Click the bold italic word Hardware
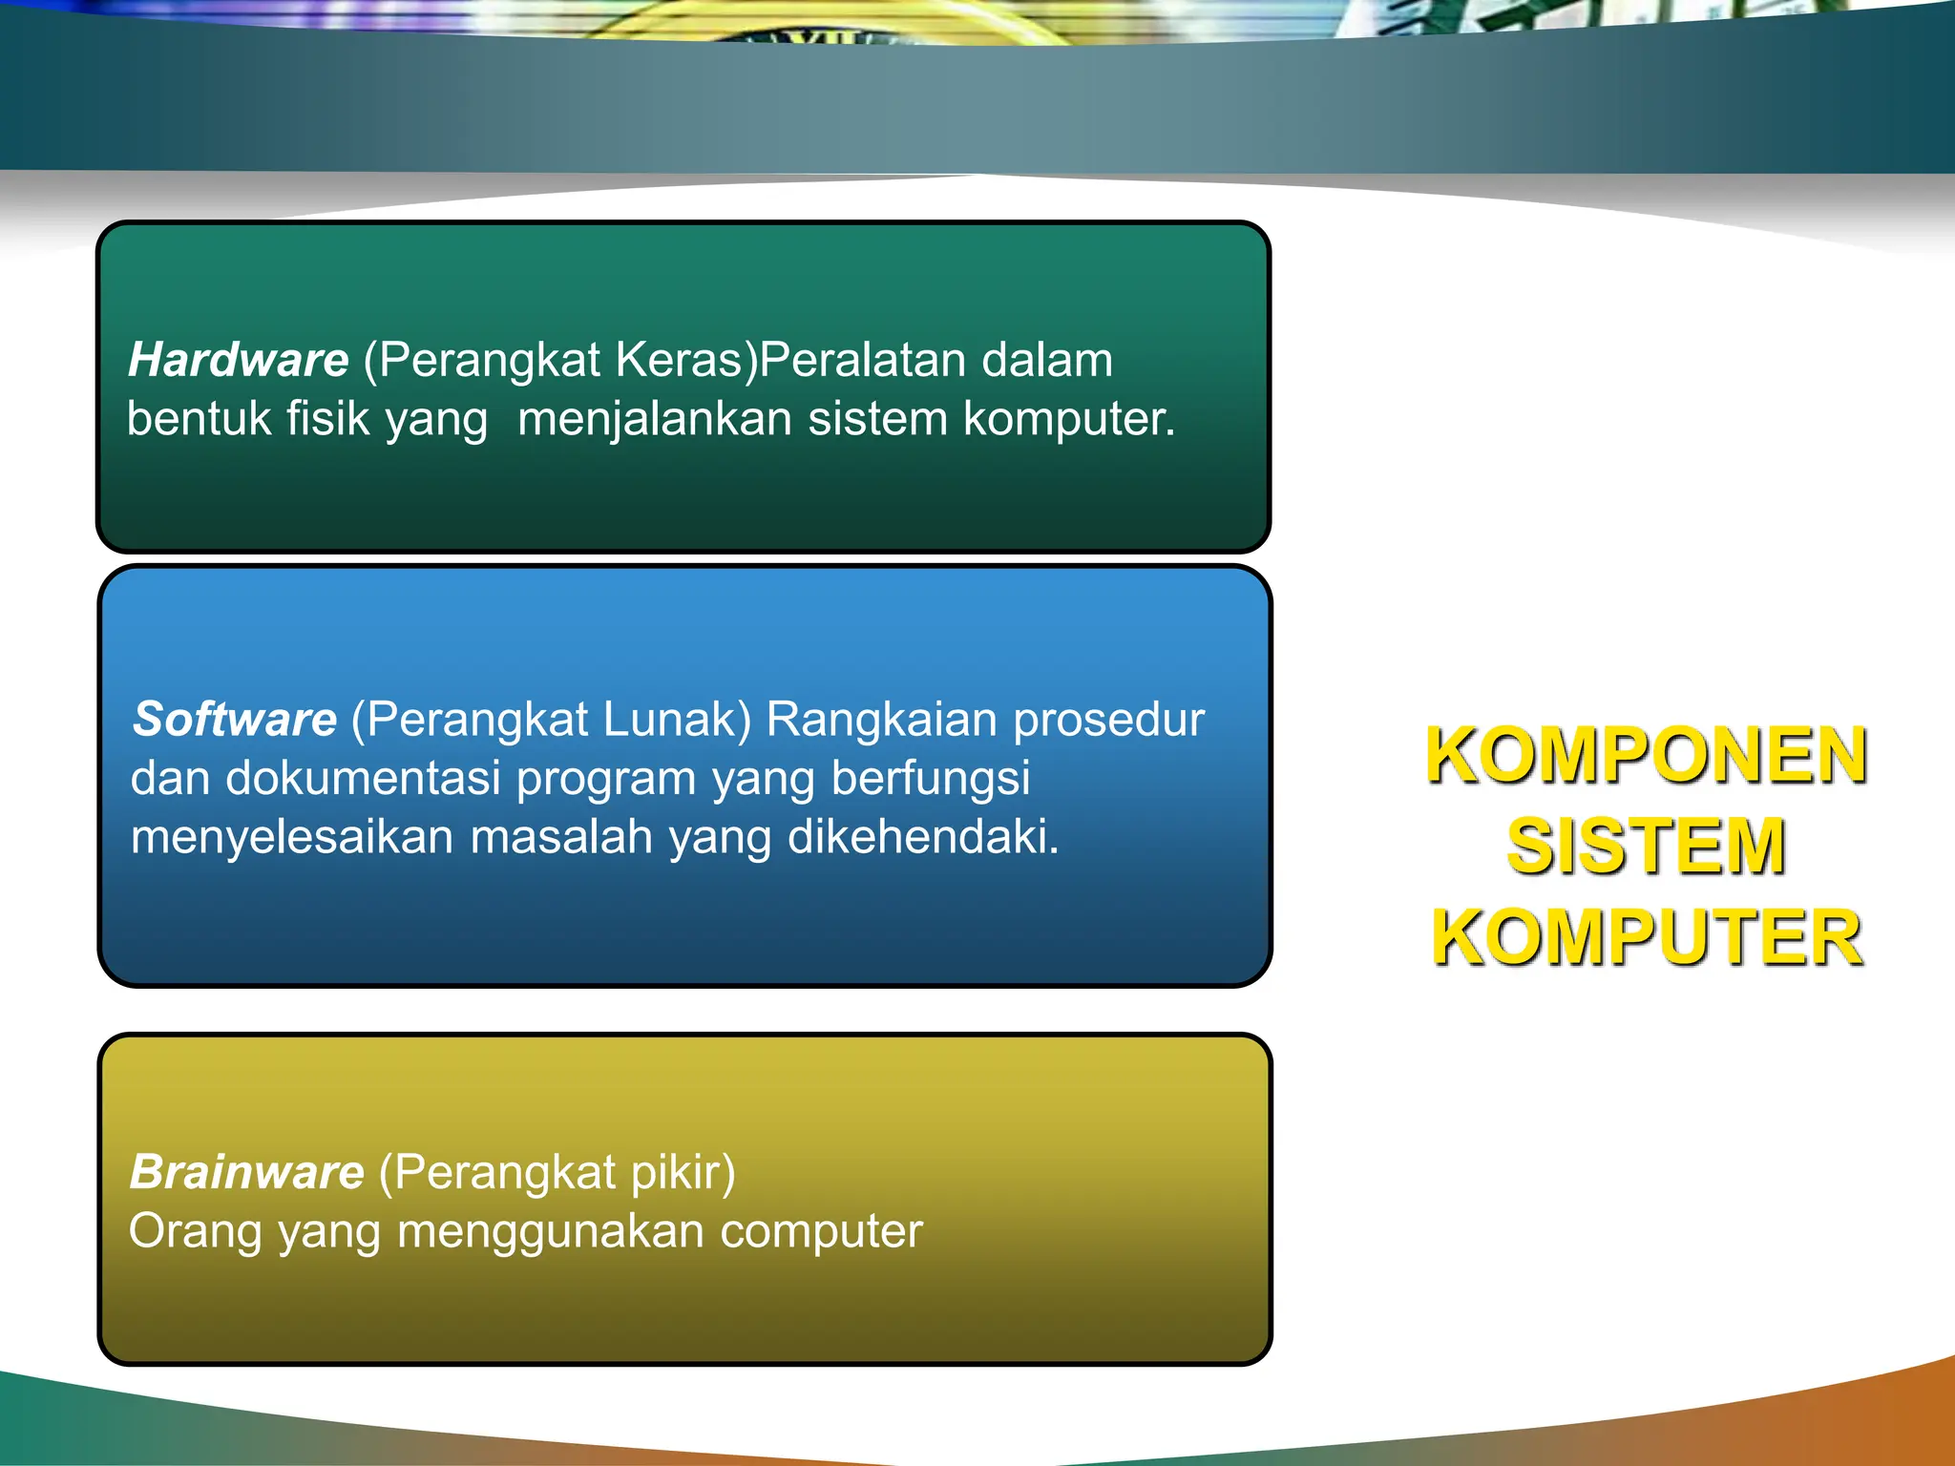click(238, 361)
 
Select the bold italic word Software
click(234, 720)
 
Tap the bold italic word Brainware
click(246, 1172)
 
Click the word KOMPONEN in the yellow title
click(1646, 756)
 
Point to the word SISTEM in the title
click(1646, 847)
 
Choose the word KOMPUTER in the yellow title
click(1646, 938)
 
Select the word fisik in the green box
click(327, 419)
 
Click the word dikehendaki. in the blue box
click(923, 837)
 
